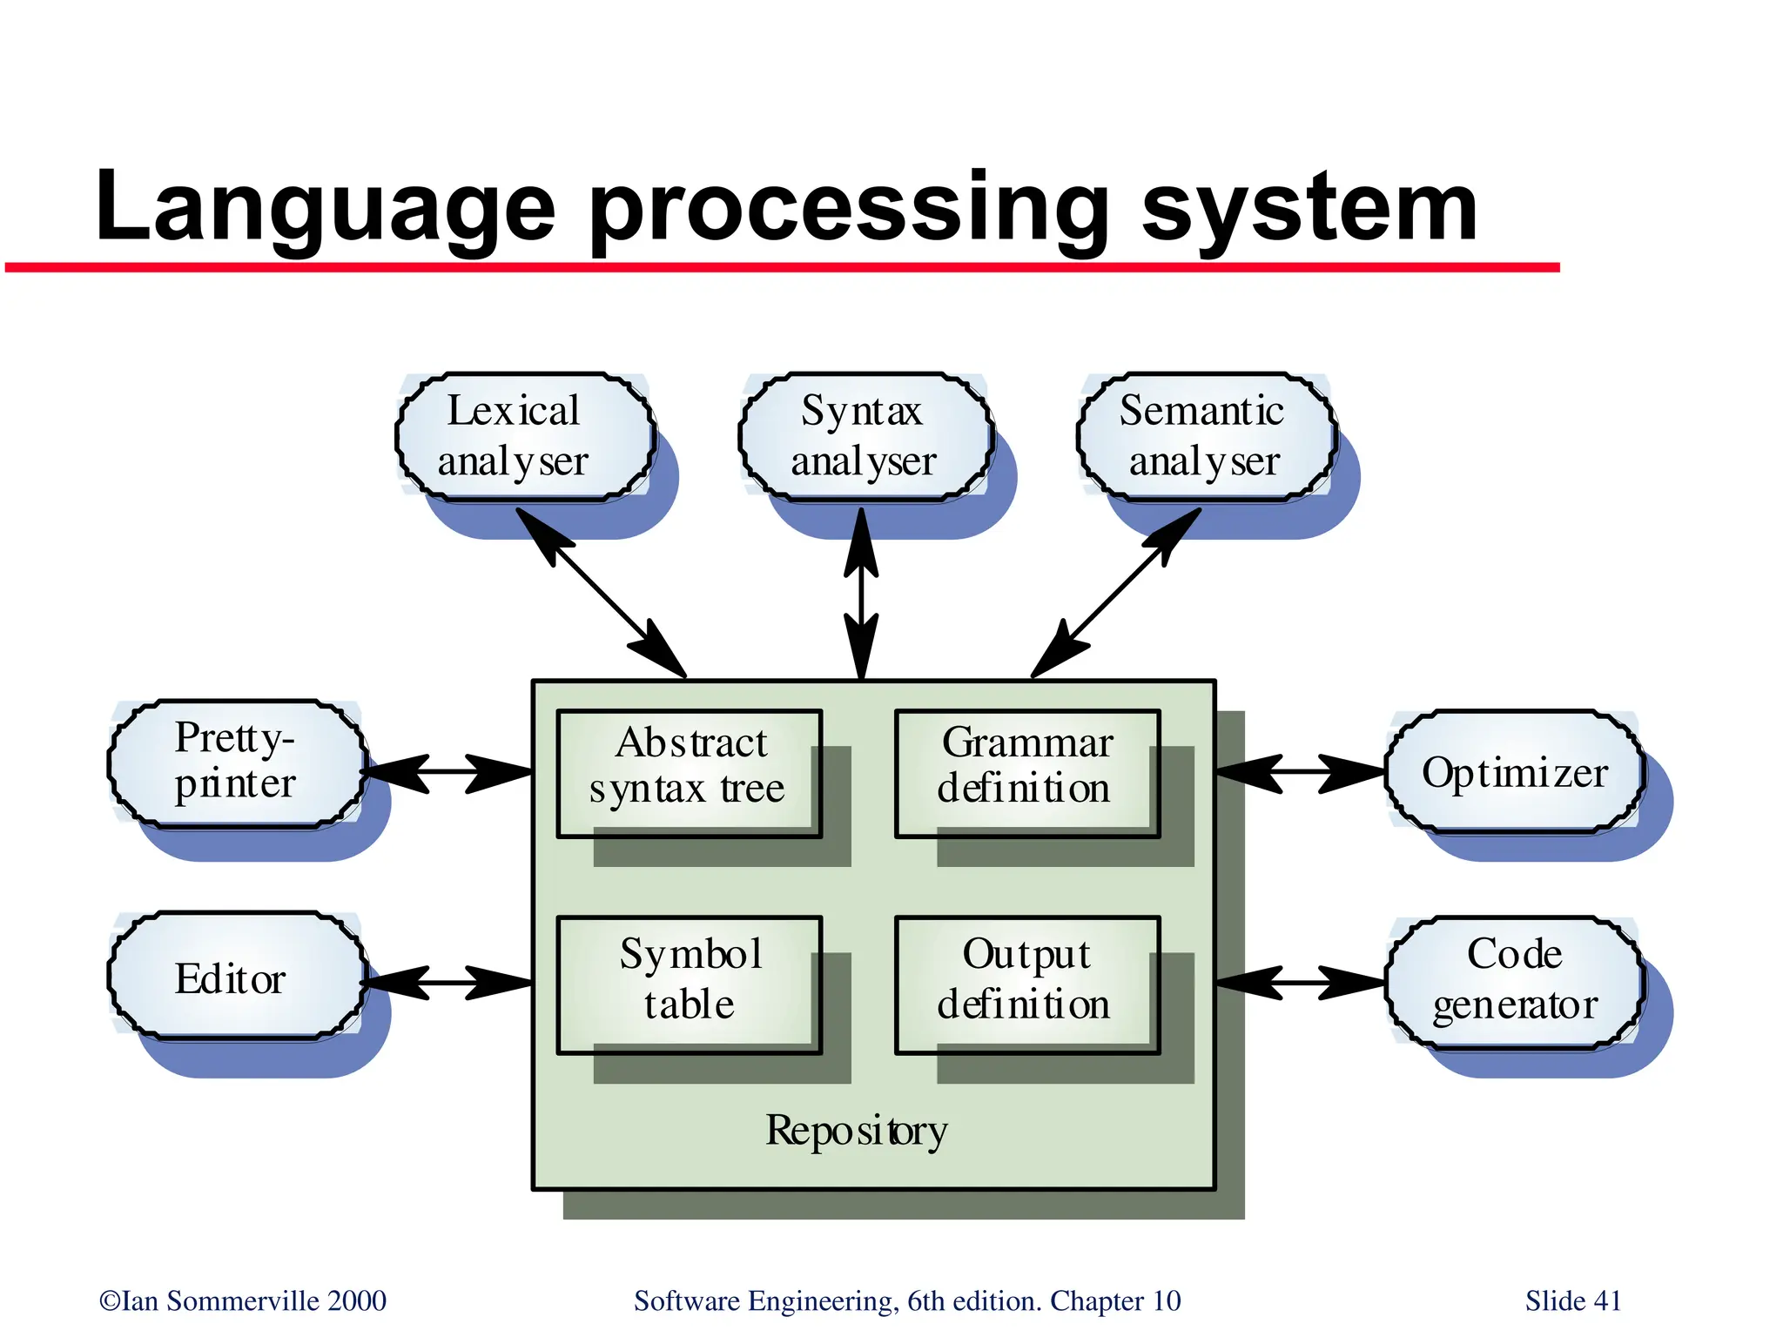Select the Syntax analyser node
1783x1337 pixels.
[x=865, y=436]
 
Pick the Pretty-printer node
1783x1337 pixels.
[x=236, y=763]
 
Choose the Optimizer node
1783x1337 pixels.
[x=1515, y=773]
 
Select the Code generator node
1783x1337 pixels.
[x=1515, y=980]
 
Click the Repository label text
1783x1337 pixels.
[x=857, y=1132]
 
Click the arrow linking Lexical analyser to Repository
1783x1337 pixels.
[x=601, y=592]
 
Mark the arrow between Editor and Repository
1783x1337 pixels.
[x=447, y=983]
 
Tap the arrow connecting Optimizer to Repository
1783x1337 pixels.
[x=1300, y=771]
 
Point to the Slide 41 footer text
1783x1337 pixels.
[x=1573, y=1300]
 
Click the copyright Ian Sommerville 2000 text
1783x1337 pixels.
[x=243, y=1300]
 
